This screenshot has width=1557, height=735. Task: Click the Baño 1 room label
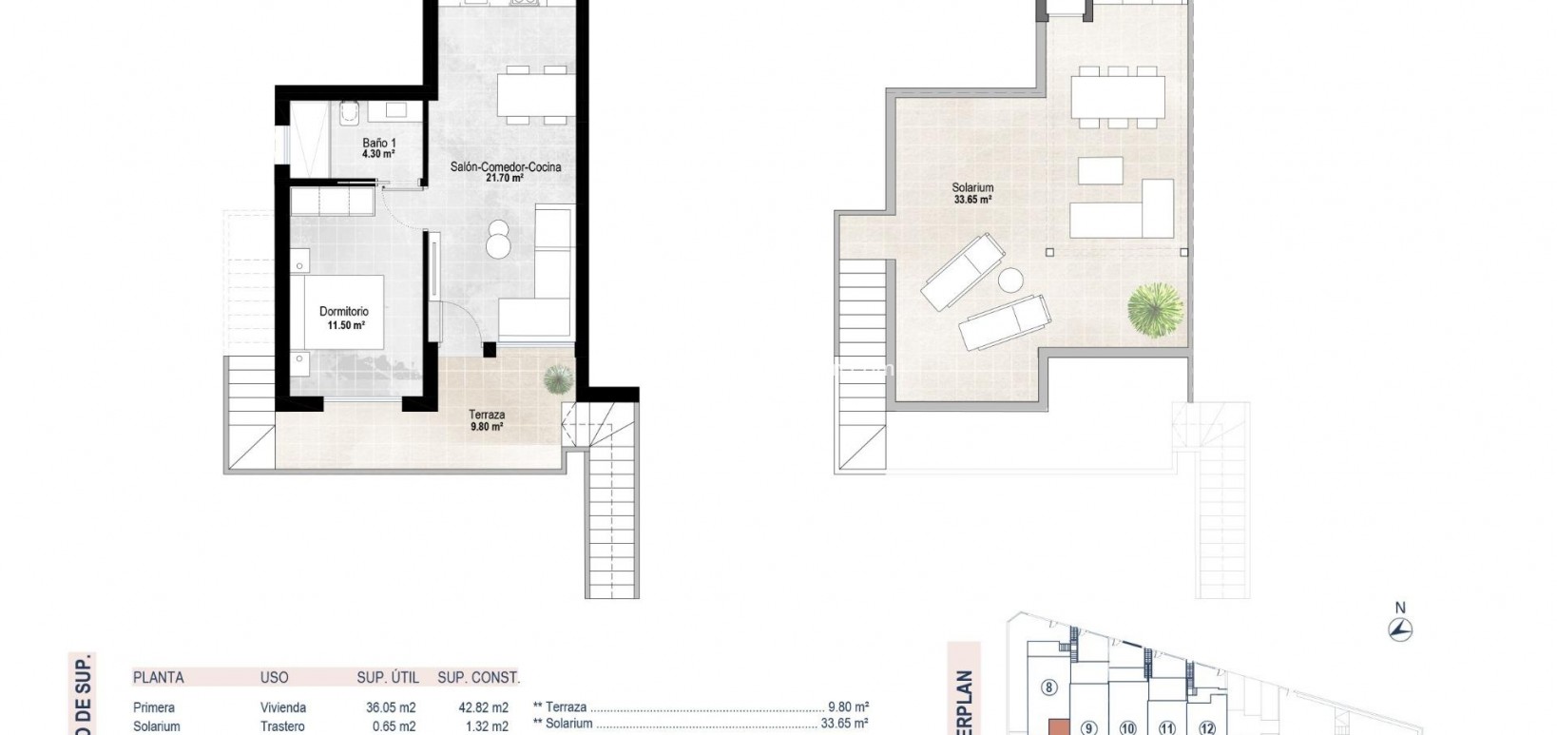tap(378, 147)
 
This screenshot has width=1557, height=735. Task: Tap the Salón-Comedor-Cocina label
tap(506, 171)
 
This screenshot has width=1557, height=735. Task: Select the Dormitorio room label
tap(343, 318)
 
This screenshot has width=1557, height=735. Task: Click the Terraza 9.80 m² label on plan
tap(486, 420)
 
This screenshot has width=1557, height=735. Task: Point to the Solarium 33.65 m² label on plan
tap(972, 194)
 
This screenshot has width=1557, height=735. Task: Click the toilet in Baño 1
tap(348, 115)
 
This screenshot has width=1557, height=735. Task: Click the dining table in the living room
tap(537, 95)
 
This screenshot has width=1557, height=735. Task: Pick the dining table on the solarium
tap(1118, 96)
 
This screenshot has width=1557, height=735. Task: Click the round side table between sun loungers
tap(1009, 281)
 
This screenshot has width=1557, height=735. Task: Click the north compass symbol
tap(1399, 629)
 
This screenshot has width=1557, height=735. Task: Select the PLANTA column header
tap(158, 678)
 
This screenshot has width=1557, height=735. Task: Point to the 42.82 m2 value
tap(483, 707)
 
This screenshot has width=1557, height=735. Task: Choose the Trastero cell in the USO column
tap(282, 726)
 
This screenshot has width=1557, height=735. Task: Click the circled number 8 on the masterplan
tap(1049, 687)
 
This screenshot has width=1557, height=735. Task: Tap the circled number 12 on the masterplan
tap(1207, 729)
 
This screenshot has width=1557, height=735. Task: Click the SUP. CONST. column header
tap(478, 678)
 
